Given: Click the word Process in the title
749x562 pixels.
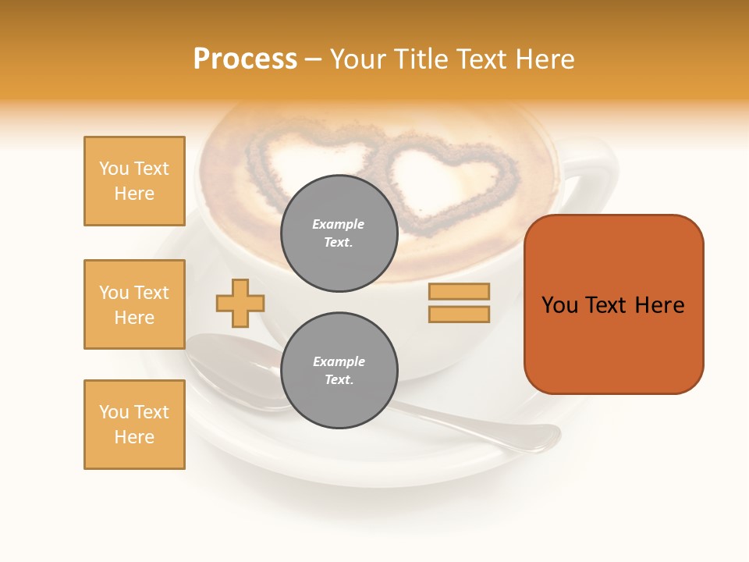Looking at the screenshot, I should [x=245, y=59].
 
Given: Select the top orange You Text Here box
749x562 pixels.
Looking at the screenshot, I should [x=134, y=181].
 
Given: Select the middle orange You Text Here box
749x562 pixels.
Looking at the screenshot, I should [x=134, y=304].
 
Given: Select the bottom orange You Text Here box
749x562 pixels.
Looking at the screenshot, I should [x=134, y=425].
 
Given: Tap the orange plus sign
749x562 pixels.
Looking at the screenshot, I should [x=240, y=303].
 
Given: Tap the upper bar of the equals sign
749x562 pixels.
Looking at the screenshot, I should [x=459, y=291].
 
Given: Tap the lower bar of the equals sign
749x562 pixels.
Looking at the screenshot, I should [x=459, y=314].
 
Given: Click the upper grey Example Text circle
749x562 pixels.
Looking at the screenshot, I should [x=339, y=233].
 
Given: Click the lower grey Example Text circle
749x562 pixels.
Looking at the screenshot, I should [x=339, y=370].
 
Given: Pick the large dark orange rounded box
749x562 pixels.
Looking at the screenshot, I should [x=613, y=304].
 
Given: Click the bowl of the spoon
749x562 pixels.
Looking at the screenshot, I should [x=230, y=367].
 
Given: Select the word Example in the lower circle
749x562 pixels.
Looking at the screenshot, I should [x=339, y=361].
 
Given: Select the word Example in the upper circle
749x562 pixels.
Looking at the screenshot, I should [x=339, y=224].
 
